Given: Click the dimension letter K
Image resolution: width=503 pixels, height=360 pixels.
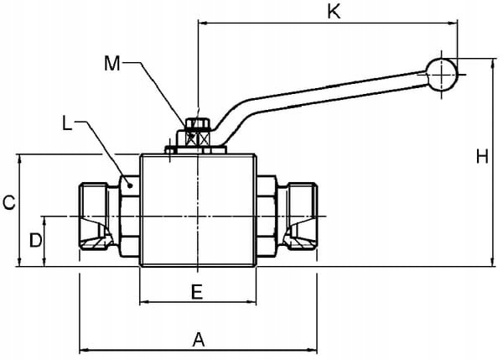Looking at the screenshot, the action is (334, 12).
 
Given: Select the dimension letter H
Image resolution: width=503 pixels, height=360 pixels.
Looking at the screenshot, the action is (482, 157).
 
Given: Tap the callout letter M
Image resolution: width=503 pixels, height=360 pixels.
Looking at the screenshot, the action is (112, 63).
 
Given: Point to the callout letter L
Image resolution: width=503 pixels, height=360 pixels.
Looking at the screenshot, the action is (67, 123).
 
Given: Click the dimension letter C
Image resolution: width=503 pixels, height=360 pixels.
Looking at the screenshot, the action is (9, 203).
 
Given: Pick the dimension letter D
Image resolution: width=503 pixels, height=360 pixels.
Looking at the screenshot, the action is (35, 240).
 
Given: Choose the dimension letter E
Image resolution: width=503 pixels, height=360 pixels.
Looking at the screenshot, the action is (197, 292).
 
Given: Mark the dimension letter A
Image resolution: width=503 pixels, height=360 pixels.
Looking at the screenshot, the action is (199, 340).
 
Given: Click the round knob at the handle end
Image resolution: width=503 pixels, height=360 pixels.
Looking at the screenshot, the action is (442, 74).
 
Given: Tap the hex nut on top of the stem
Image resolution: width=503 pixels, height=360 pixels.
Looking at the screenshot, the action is (198, 123).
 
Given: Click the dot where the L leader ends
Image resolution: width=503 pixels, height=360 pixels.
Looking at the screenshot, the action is (130, 185).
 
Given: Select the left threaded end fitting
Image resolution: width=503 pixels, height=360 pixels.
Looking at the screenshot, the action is (95, 217).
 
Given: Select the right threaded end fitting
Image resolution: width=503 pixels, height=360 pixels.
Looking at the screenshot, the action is (301, 217).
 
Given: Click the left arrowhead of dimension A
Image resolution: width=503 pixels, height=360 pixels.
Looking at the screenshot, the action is (83, 350).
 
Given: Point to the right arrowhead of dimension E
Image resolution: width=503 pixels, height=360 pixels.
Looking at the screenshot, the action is (251, 302).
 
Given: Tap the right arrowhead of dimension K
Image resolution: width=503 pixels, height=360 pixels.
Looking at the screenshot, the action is (453, 23).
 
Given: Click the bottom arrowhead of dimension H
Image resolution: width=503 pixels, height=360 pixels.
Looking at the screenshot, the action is (493, 262).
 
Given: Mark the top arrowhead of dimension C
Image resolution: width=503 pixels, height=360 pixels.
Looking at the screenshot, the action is (20, 159).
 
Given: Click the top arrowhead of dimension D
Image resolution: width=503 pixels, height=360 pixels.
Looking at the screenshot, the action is (44, 221).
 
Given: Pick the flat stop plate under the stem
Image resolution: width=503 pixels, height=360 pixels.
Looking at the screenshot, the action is (196, 149).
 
